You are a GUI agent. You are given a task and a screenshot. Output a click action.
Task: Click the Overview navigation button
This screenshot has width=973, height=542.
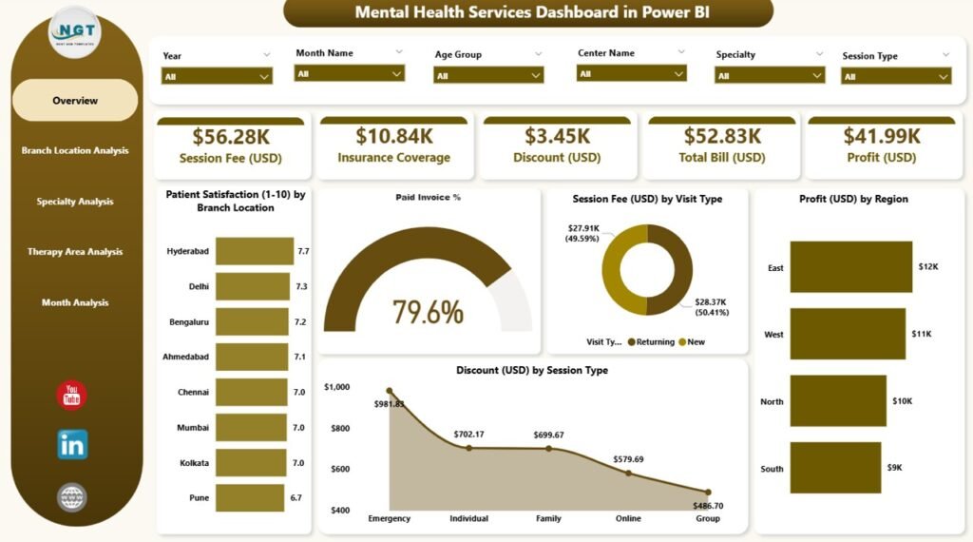[x=75, y=101]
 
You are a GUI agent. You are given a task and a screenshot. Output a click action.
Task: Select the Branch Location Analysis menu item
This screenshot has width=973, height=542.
[x=75, y=150]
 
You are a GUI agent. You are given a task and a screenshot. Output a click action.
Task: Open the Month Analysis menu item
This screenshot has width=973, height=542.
[x=75, y=302]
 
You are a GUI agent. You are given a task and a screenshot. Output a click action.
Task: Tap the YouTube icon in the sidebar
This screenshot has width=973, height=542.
[x=72, y=395]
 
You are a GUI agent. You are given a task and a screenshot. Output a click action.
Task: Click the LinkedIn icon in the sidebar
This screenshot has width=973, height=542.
[x=72, y=444]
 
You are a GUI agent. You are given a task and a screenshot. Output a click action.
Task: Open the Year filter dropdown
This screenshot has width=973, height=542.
[x=217, y=76]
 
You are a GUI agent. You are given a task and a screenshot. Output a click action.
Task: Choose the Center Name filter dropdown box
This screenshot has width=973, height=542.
[x=632, y=73]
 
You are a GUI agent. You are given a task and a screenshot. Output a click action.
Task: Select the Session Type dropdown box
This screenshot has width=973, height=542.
[x=896, y=76]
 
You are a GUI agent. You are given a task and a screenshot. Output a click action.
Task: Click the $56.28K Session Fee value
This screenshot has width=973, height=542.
[x=230, y=137]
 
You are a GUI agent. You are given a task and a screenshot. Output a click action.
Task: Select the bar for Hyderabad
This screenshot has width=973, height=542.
[x=254, y=251]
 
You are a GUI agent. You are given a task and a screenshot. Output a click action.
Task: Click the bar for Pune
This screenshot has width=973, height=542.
[x=250, y=497]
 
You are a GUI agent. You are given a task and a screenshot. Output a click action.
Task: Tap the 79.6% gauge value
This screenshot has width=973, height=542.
[x=428, y=311]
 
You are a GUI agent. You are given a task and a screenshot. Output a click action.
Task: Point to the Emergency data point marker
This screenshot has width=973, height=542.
[x=389, y=391]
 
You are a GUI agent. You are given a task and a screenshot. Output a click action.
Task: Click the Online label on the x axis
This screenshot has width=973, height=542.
[x=629, y=518]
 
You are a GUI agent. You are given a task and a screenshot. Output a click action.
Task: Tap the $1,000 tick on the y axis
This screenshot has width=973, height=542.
[x=336, y=387]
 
